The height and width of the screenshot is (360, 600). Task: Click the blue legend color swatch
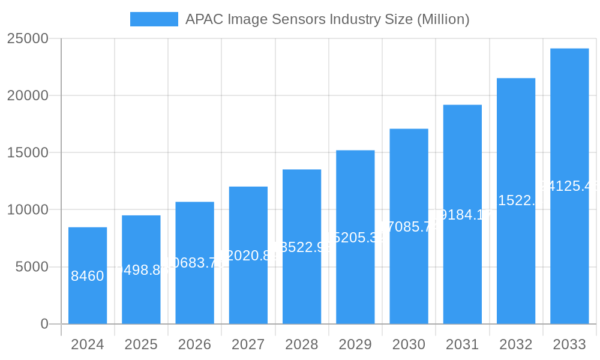154,19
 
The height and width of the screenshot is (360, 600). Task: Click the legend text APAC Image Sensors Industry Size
327,19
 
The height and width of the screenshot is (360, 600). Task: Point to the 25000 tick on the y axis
27,38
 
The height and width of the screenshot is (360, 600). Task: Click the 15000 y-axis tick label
27,152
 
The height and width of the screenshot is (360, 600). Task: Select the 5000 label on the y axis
32,267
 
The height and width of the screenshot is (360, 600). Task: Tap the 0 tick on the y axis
44,324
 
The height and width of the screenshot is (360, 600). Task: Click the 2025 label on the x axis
141,344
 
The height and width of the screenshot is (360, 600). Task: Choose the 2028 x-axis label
302,344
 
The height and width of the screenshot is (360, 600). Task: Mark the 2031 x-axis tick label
462,344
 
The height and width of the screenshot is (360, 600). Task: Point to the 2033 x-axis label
569,344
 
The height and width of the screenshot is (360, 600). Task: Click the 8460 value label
88,276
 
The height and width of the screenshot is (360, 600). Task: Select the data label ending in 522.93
302,247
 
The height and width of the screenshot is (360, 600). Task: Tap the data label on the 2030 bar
409,227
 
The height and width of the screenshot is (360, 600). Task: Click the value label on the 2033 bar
569,186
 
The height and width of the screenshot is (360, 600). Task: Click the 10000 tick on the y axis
27,210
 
